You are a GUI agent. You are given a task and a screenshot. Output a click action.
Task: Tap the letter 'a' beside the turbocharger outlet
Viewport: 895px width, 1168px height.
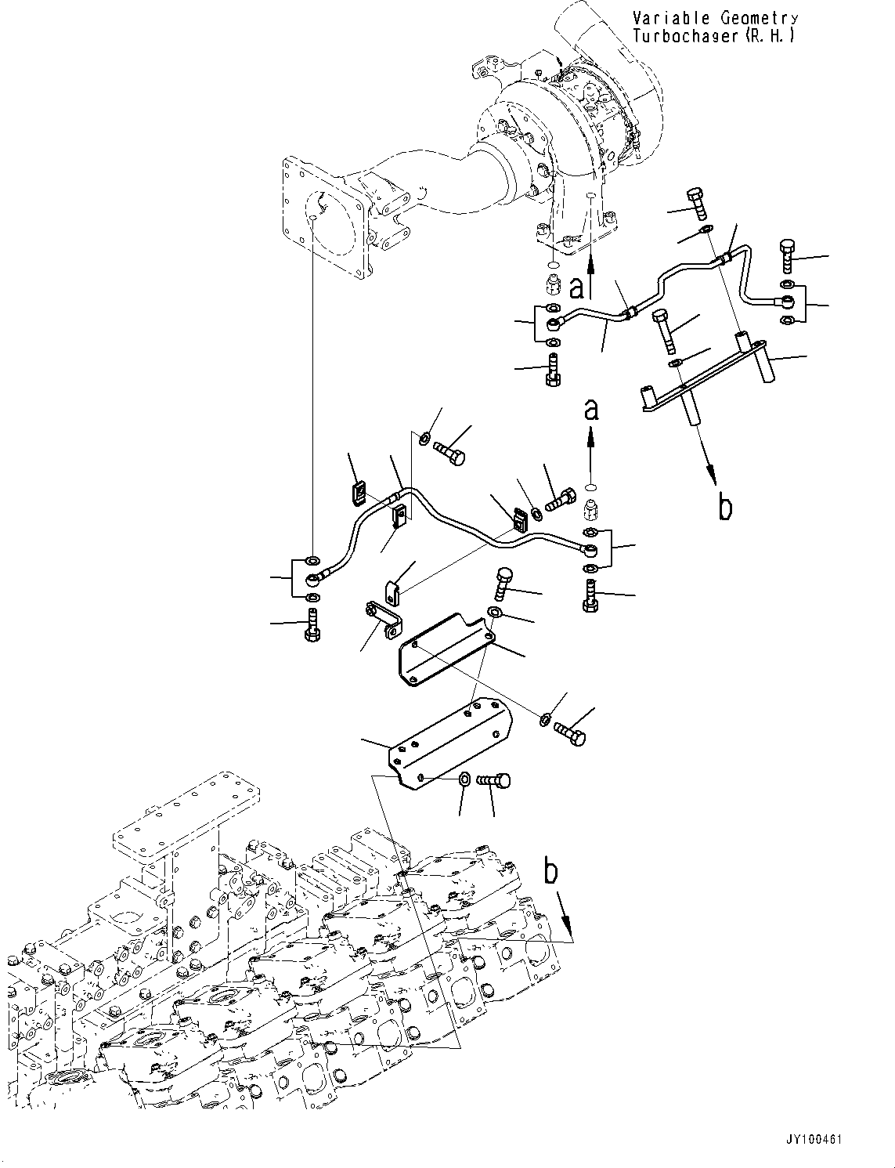pos(577,289)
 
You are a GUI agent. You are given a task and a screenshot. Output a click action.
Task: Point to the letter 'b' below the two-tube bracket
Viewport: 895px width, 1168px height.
pos(725,507)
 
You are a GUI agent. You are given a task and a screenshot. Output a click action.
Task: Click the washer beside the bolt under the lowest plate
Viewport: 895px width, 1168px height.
pos(464,779)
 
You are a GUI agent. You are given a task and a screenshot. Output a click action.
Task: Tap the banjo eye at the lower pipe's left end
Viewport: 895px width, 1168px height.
pos(312,580)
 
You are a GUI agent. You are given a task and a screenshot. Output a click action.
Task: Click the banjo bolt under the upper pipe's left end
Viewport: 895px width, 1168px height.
pos(552,367)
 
